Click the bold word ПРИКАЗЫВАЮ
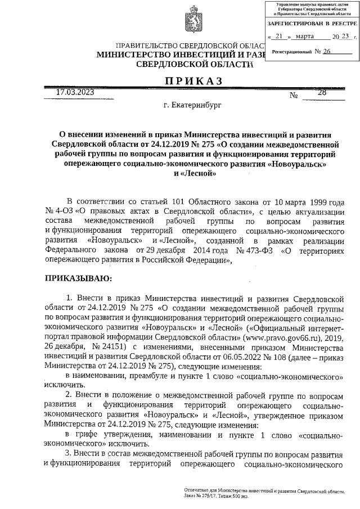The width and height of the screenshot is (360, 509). coord(78,277)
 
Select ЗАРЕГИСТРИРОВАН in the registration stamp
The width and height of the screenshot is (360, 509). coord(295,25)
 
